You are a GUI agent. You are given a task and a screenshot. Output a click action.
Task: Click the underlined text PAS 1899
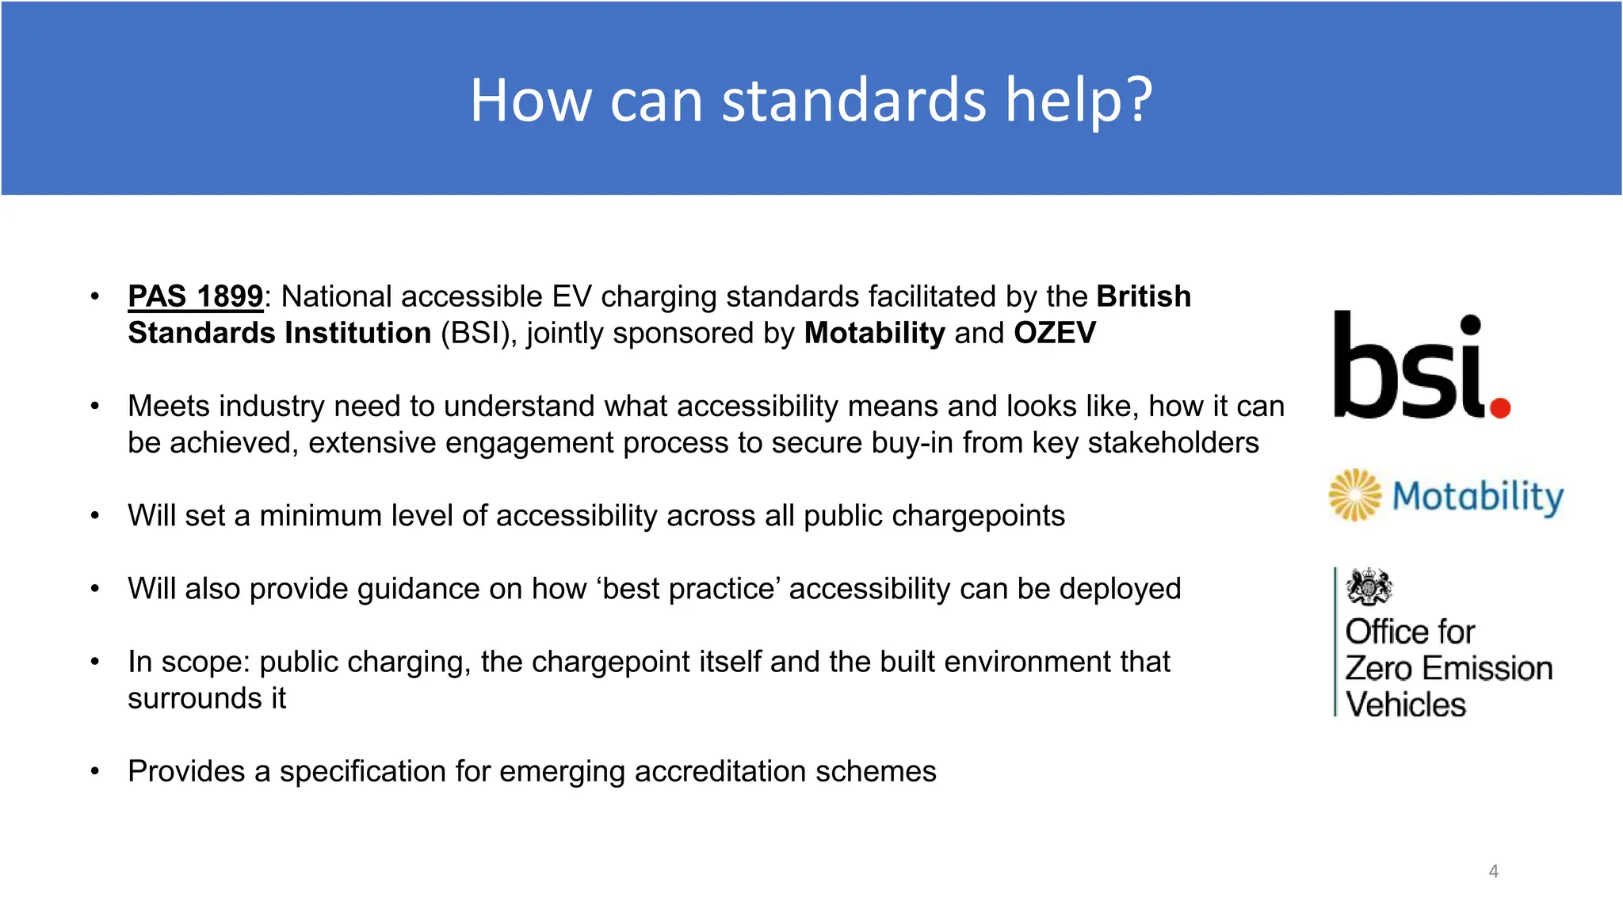(x=195, y=297)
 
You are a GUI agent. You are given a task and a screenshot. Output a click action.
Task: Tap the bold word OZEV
(x=1055, y=334)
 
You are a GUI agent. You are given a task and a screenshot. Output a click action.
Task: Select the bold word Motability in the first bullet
(x=874, y=334)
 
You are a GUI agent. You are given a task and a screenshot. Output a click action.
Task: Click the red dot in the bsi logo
(x=1499, y=407)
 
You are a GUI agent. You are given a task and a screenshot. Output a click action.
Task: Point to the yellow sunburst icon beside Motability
(x=1354, y=495)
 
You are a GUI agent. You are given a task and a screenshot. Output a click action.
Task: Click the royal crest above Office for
(x=1369, y=587)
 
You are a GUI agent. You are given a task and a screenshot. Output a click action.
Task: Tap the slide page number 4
(x=1493, y=871)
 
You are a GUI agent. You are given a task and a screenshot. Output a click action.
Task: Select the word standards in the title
(x=854, y=101)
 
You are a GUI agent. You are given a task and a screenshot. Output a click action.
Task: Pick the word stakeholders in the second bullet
(x=1173, y=443)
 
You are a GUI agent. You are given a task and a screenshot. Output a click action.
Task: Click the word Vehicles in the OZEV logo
(x=1406, y=705)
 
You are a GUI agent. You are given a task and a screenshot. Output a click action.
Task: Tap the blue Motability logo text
(x=1477, y=497)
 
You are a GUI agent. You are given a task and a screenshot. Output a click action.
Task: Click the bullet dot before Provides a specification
(x=95, y=772)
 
